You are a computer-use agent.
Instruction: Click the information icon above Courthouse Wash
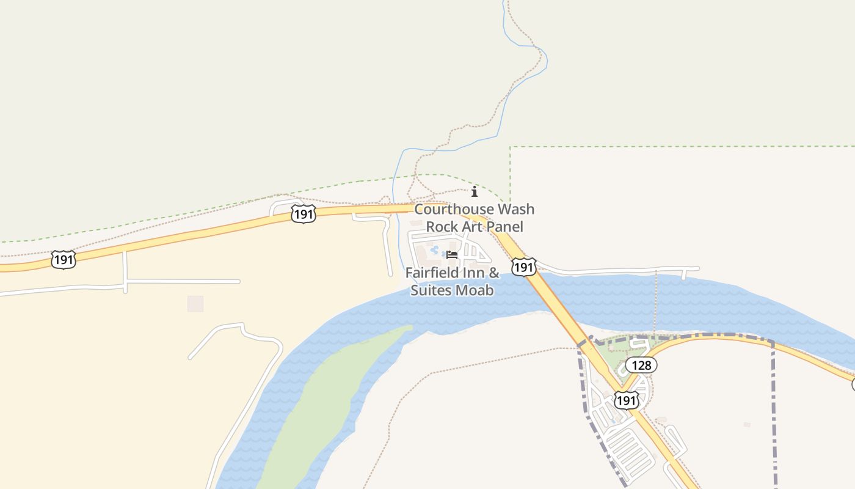pos(475,191)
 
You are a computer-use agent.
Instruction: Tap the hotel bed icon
pos(452,254)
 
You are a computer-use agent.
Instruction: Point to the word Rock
pos(442,227)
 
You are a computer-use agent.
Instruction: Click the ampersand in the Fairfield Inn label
pos(495,273)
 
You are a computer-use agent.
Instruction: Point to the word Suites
pos(430,290)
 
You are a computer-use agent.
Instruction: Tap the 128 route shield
pos(641,366)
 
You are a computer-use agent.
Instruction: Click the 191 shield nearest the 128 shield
pos(627,400)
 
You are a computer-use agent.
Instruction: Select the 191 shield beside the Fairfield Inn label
pos(524,267)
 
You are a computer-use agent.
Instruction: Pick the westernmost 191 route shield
pos(63,260)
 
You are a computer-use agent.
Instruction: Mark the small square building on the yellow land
pos(195,303)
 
